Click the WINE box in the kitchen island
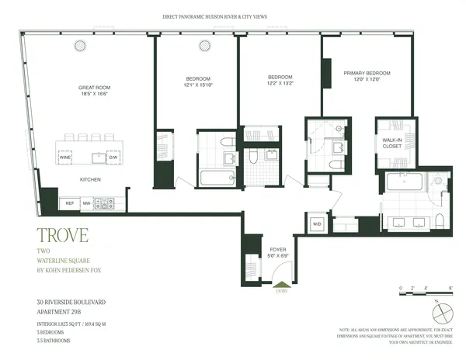point(64,157)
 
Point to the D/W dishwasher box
point(114,157)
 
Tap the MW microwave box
point(87,203)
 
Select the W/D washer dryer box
point(317,224)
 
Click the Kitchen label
point(90,179)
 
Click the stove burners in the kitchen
point(105,203)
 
